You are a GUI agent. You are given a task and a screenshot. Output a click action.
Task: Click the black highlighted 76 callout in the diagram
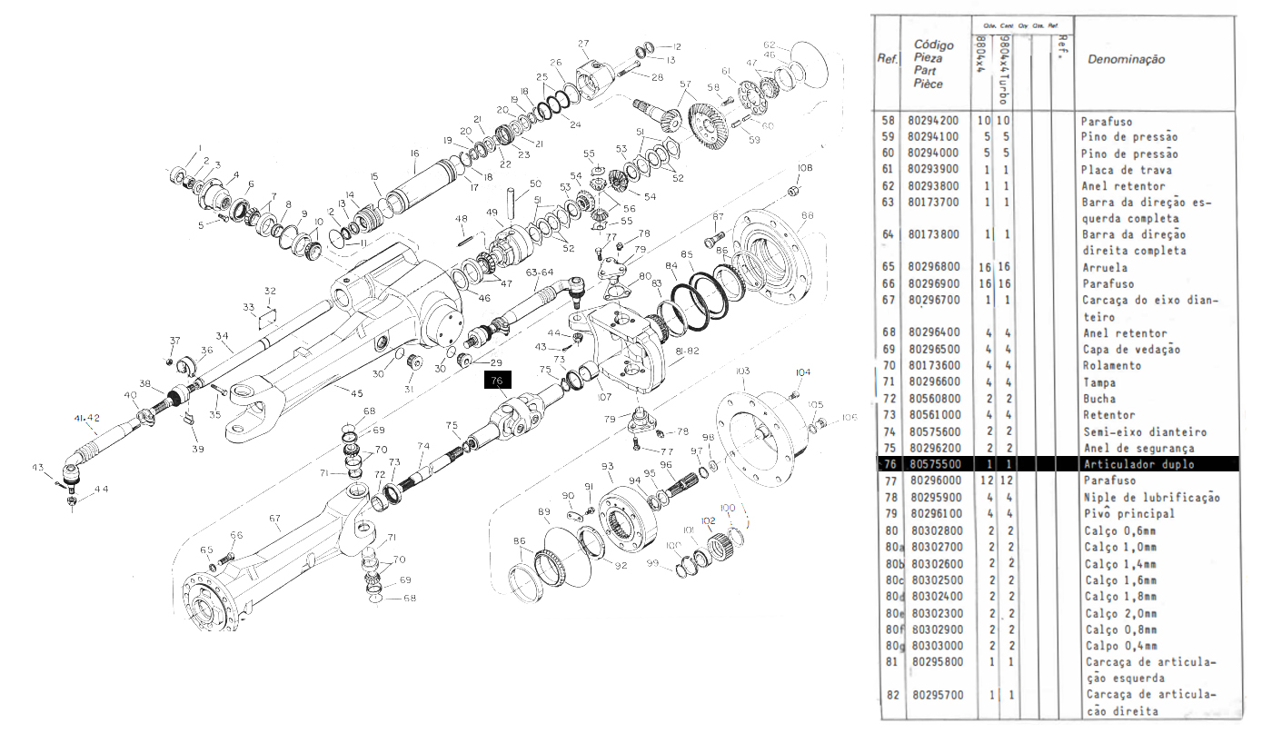(x=497, y=381)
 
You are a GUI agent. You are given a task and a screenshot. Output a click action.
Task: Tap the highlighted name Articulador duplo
(x=1138, y=464)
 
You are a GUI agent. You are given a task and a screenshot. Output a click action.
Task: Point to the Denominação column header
(x=1126, y=59)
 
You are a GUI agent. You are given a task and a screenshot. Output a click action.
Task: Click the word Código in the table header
(x=933, y=45)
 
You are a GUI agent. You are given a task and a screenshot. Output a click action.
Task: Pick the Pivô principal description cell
(x=1129, y=513)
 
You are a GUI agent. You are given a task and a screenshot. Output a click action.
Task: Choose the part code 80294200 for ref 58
(x=934, y=121)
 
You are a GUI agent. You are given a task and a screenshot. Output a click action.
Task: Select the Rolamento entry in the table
(x=1113, y=365)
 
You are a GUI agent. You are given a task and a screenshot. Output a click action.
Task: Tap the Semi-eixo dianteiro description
(x=1144, y=431)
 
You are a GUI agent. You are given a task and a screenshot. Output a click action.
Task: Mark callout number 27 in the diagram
(x=583, y=44)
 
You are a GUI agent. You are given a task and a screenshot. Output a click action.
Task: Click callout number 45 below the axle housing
(x=357, y=392)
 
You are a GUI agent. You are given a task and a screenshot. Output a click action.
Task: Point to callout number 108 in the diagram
(x=805, y=168)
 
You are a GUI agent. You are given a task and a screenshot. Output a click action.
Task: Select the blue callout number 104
(x=802, y=372)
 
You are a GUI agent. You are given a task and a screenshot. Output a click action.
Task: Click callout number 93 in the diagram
(x=608, y=466)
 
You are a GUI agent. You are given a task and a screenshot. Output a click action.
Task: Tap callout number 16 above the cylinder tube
(x=414, y=154)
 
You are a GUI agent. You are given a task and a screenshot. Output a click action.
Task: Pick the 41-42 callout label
(x=87, y=418)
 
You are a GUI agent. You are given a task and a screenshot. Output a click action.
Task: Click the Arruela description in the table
(x=1104, y=268)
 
